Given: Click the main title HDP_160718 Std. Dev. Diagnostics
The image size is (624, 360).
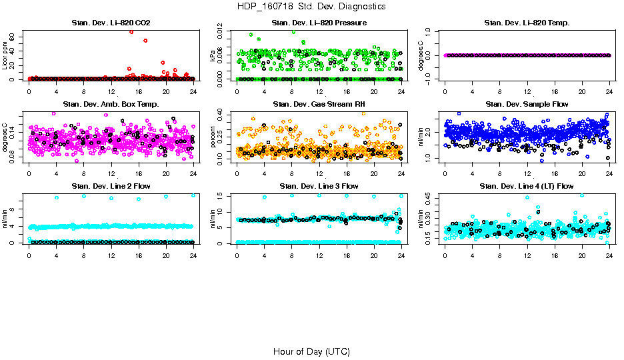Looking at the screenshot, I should (x=311, y=7).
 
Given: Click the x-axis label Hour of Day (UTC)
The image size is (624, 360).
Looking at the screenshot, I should (x=311, y=351).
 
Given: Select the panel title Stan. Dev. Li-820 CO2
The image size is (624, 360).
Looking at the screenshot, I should (x=111, y=23).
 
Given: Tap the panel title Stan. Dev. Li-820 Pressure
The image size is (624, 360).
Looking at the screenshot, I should (x=319, y=23).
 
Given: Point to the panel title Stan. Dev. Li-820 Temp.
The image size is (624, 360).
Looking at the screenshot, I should (x=527, y=23).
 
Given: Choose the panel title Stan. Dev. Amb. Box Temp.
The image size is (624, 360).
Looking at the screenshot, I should (x=111, y=105).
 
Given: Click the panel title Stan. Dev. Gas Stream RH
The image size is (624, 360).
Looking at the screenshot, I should (x=319, y=105).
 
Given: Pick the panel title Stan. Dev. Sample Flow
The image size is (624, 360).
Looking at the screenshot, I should (x=527, y=105).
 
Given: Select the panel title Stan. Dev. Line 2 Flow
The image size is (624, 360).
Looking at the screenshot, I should (x=111, y=186).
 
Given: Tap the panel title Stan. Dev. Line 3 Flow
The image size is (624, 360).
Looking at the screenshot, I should (x=319, y=186).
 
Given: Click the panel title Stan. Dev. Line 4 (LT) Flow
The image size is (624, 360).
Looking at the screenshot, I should (x=527, y=186).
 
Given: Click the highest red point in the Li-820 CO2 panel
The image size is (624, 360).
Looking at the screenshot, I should (x=131, y=31).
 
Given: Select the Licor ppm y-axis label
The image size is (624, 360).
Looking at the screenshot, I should (x=5, y=55).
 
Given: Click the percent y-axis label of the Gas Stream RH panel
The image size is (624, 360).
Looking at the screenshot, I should (x=213, y=137).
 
